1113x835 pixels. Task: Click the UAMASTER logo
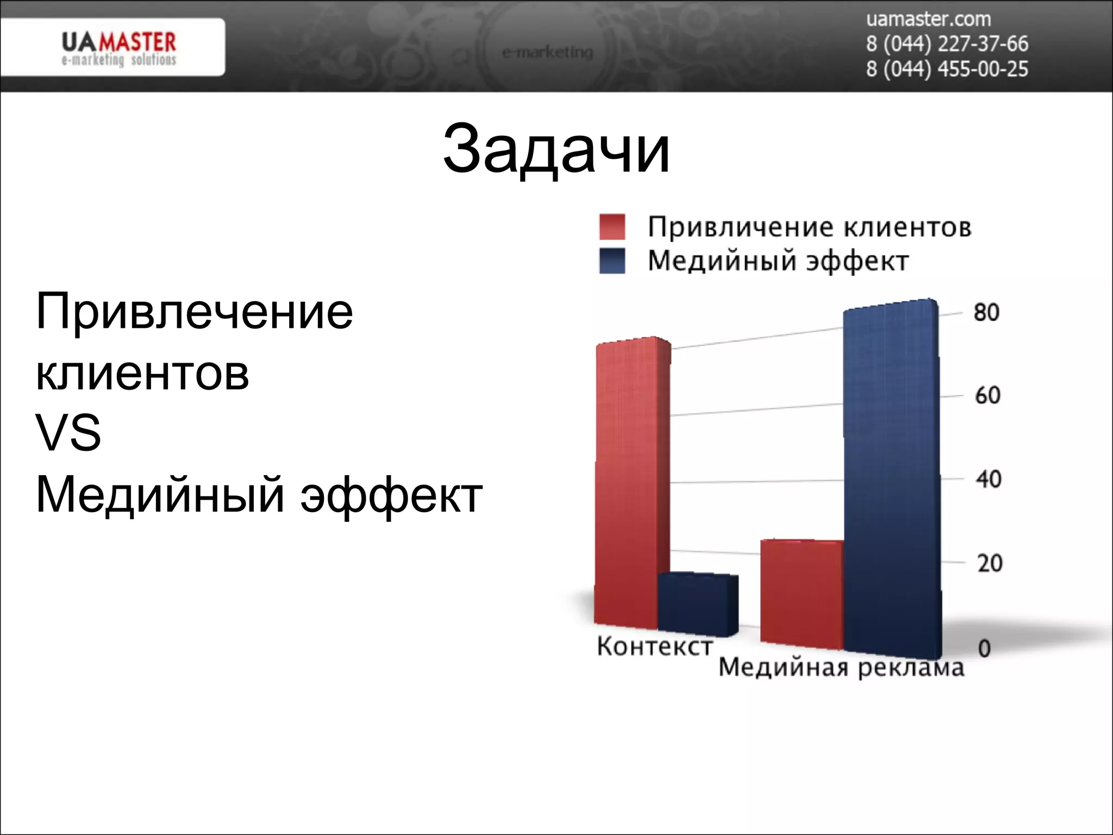tap(118, 48)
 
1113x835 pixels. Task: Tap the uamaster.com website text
tap(928, 20)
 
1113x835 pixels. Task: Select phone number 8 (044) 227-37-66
tap(947, 44)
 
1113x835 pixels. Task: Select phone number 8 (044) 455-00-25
tap(947, 70)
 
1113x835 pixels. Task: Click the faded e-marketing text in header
tap(547, 53)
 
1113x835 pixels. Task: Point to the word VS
tap(68, 433)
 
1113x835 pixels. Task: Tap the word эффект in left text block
tap(391, 495)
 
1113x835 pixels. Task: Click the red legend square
tap(612, 227)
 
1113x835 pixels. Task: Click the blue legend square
tap(612, 261)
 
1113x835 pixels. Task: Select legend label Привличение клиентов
tap(809, 227)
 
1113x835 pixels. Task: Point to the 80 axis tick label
tap(986, 313)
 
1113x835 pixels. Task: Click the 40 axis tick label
tap(988, 479)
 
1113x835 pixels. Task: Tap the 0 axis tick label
tap(984, 649)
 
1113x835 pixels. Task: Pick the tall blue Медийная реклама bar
tap(891, 478)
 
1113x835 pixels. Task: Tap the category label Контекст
tap(654, 646)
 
